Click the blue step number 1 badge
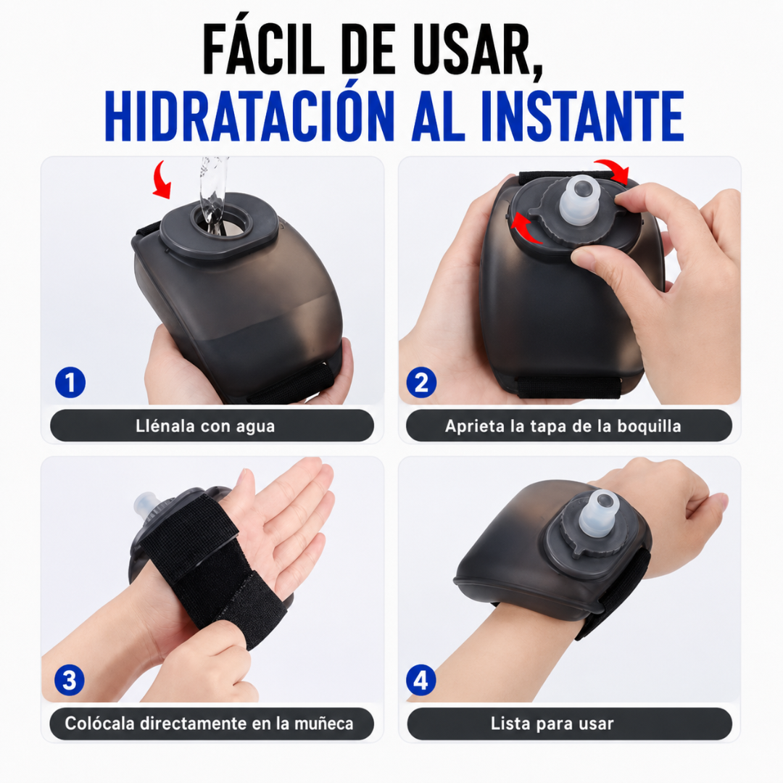(x=70, y=383)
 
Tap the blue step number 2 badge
(x=421, y=383)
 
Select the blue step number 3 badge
(x=70, y=680)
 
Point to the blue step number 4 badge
(x=421, y=680)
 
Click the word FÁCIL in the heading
(x=264, y=49)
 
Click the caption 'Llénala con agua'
(x=205, y=426)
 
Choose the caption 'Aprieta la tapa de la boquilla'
(x=563, y=426)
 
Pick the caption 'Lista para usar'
(x=552, y=724)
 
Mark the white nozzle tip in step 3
(x=146, y=505)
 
